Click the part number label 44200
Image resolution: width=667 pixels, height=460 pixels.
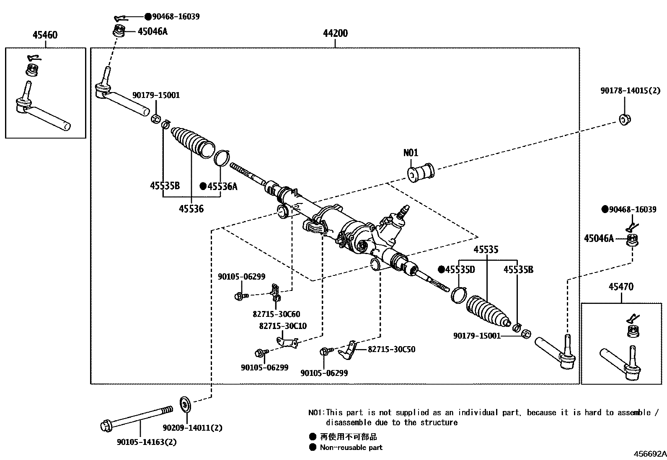point(335,33)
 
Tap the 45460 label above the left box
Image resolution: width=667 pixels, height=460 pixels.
point(45,35)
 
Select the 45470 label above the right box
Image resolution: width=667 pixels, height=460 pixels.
point(621,287)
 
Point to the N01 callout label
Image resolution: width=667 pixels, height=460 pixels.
point(411,153)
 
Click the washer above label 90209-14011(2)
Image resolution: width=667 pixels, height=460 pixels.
point(185,404)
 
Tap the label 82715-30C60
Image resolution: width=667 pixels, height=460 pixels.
point(276,314)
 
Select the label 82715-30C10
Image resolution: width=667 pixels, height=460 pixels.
point(283,326)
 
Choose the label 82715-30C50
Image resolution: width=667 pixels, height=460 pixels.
point(391,349)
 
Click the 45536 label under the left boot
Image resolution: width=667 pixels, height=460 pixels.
point(191,208)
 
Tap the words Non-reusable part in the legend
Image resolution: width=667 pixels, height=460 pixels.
point(351,447)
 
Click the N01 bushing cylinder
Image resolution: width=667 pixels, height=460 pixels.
point(421,172)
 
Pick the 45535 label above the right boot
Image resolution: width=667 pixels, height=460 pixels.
point(486,250)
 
